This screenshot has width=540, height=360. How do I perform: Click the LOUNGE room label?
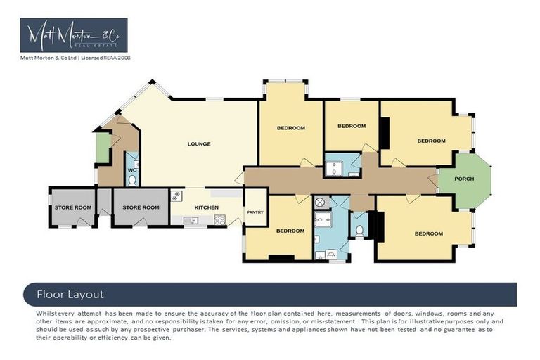[199, 144]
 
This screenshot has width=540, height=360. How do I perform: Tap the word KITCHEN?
[206, 207]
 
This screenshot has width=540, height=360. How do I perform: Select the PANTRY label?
[255, 212]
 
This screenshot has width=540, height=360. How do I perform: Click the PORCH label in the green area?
[464, 179]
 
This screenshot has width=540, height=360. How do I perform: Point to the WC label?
[131, 170]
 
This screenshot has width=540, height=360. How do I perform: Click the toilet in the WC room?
[131, 181]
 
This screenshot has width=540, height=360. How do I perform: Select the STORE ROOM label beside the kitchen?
[141, 207]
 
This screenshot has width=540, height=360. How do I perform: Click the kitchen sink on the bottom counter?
[190, 221]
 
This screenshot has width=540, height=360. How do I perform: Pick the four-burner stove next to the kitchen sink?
[219, 220]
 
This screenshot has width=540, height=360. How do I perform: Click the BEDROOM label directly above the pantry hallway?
[290, 128]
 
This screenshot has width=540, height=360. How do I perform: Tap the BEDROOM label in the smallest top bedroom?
[352, 126]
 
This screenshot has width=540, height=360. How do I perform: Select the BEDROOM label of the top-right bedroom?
[431, 141]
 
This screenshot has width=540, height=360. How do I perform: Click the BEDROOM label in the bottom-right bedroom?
[428, 233]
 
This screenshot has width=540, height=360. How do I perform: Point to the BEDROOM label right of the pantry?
[290, 231]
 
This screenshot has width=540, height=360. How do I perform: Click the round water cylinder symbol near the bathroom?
[321, 202]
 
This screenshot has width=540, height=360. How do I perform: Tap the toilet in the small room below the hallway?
[360, 230]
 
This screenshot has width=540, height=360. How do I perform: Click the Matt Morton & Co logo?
[74, 36]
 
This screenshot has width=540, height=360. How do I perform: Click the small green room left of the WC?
[103, 148]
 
